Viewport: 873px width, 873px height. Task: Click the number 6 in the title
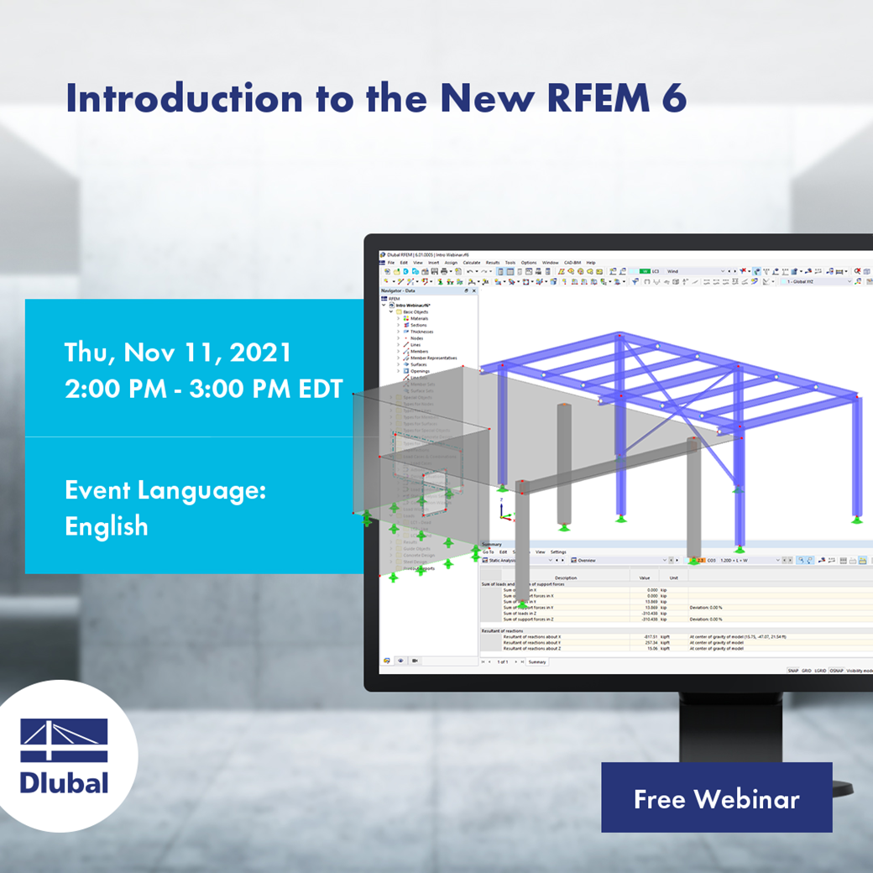tap(675, 98)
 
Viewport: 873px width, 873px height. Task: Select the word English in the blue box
tap(107, 526)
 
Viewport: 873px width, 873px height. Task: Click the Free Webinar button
tap(716, 797)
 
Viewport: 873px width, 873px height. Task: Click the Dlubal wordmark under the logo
tap(65, 782)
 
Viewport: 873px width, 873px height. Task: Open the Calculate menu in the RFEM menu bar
tap(471, 263)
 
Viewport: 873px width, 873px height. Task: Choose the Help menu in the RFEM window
tap(591, 263)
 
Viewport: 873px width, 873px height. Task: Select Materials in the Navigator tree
tap(419, 318)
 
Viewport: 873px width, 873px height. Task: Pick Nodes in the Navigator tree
tap(416, 338)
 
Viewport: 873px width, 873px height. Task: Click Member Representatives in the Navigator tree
tap(433, 358)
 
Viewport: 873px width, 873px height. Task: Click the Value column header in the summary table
tap(645, 578)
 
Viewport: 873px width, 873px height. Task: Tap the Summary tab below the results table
tap(536, 661)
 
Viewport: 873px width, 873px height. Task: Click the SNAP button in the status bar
tap(793, 671)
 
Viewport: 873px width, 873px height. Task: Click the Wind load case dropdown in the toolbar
tap(697, 271)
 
